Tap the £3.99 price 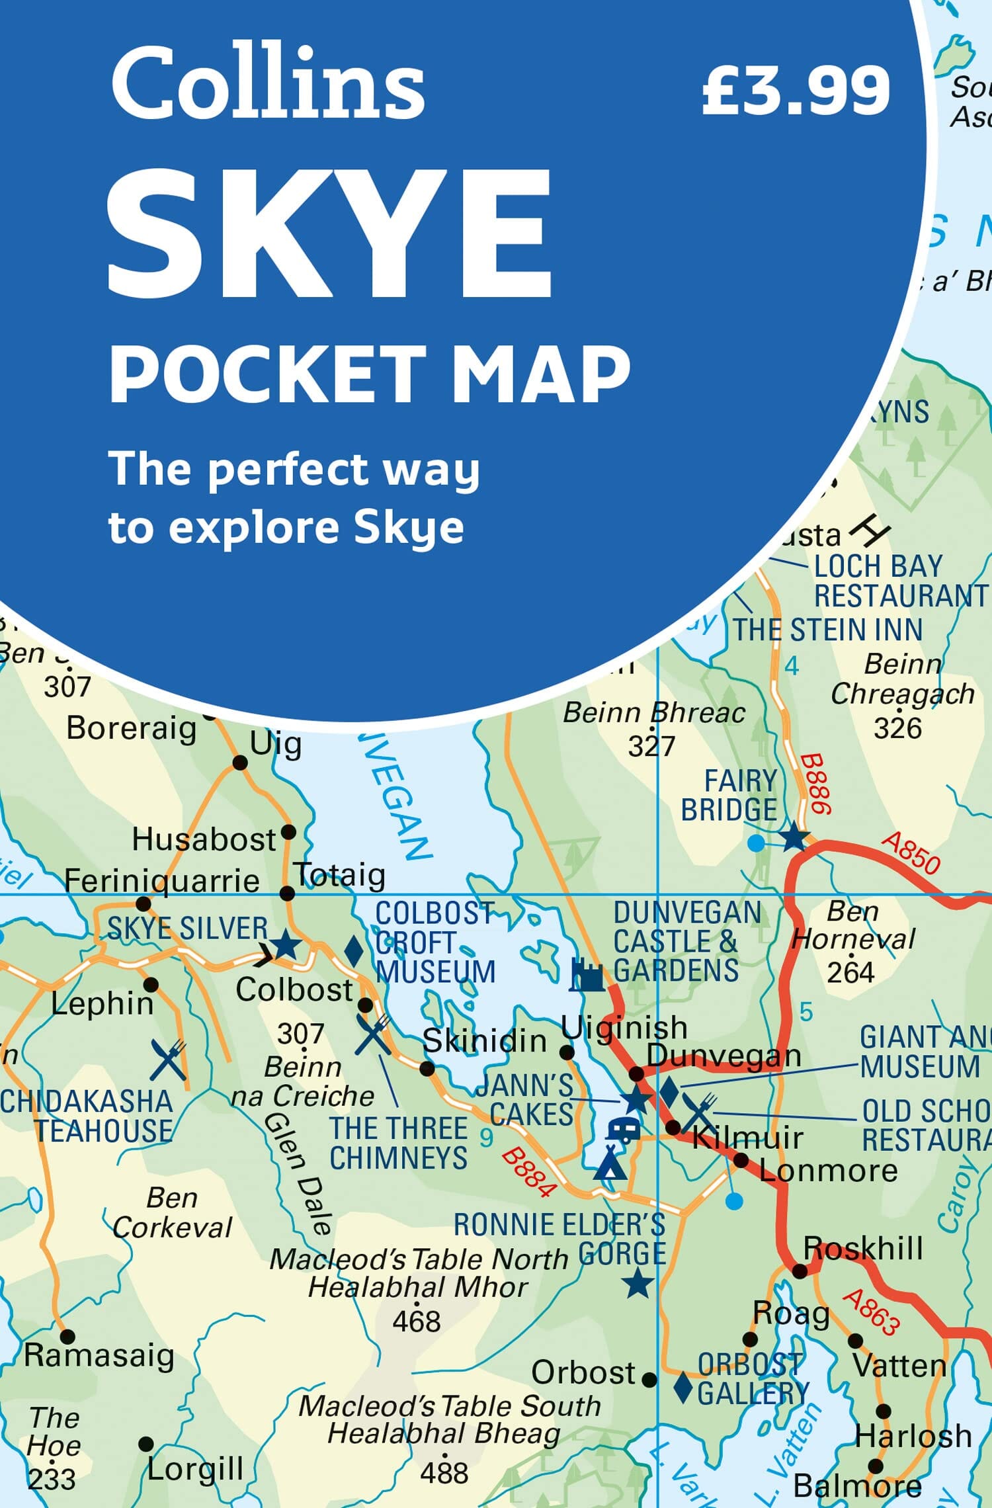point(796,91)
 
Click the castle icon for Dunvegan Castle point(587,975)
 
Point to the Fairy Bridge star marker point(794,837)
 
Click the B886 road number point(815,784)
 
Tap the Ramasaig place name point(99,1355)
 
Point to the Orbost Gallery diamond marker point(682,1386)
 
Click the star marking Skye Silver point(286,944)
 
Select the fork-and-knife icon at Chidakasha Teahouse point(168,1060)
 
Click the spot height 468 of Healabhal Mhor point(416,1321)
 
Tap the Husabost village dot point(288,831)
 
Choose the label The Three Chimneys point(398,1143)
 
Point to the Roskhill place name point(862,1249)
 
